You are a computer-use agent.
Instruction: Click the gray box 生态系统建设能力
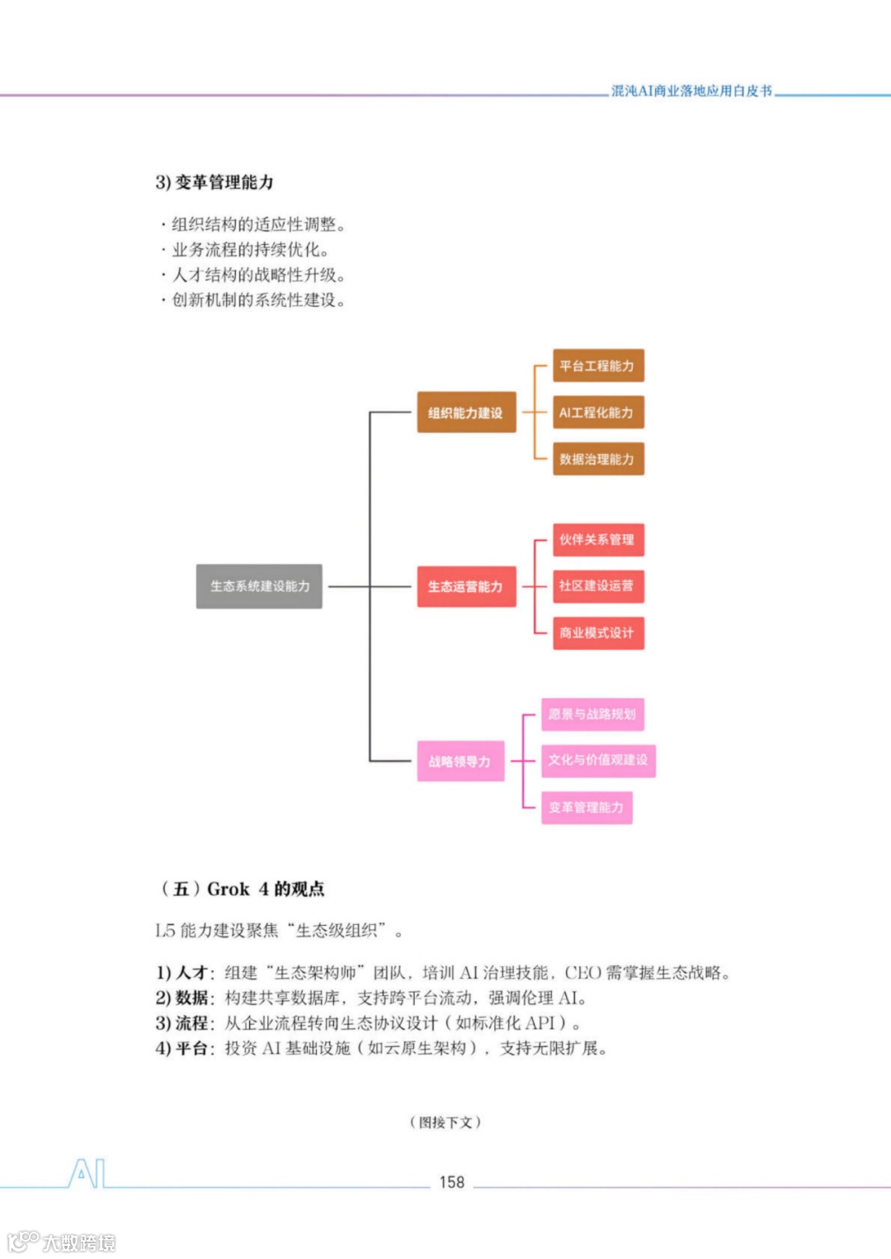click(x=259, y=586)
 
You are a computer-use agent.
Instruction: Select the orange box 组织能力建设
click(x=466, y=412)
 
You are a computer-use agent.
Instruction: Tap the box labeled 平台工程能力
click(x=597, y=365)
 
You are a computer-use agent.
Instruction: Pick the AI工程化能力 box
click(x=597, y=412)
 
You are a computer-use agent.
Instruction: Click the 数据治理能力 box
click(x=597, y=459)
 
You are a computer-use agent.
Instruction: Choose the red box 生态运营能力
click(x=466, y=586)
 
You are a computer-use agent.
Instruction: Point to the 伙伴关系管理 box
click(x=597, y=540)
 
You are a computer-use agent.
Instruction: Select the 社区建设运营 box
click(x=597, y=586)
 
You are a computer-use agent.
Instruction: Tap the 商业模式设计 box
click(x=597, y=633)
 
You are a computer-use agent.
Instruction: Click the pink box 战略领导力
click(x=460, y=761)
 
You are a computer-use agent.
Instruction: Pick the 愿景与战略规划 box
click(x=592, y=714)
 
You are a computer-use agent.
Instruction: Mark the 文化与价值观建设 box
click(x=598, y=760)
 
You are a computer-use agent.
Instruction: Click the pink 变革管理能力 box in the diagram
click(x=587, y=807)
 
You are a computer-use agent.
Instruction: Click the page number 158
click(x=452, y=1182)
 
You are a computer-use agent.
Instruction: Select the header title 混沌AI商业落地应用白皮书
click(x=691, y=91)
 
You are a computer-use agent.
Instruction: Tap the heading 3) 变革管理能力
click(x=214, y=182)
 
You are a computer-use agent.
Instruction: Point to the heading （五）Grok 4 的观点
click(x=243, y=889)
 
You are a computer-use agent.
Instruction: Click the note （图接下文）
click(x=445, y=1122)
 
